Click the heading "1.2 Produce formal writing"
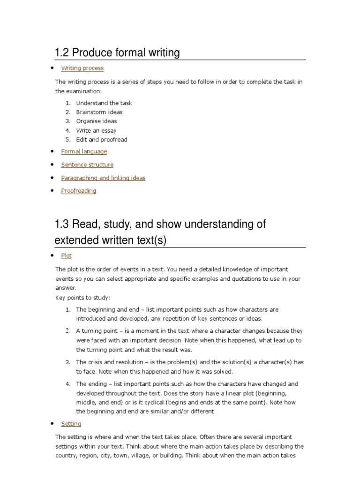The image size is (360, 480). point(117,52)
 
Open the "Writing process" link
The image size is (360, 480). point(82,68)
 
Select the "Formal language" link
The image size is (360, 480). point(84,151)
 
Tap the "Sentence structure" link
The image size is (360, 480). point(87,165)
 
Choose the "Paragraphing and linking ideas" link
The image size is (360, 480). point(103,178)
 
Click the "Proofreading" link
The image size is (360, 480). point(78,191)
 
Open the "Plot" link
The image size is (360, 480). point(66,256)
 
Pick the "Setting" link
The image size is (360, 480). point(71,424)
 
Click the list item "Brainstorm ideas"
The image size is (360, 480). point(99,112)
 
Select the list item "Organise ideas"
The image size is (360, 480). point(97,121)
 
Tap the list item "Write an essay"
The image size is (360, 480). point(96,130)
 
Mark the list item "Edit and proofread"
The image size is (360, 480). point(102,139)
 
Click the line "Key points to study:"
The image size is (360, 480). point(83,298)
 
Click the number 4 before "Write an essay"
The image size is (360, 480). point(67,130)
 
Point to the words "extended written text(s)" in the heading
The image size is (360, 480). point(111,240)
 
